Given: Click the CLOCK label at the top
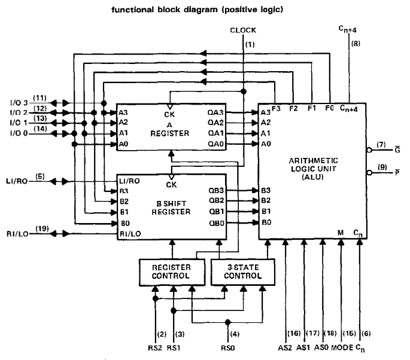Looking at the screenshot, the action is tap(243, 30).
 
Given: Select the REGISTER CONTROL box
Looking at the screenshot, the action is tap(172, 272).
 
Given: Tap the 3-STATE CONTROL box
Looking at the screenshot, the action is tap(242, 272).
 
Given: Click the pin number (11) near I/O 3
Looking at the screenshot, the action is tap(40, 98).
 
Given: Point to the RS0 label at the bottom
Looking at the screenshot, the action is tap(228, 348).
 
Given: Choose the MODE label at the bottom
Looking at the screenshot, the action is tap(342, 347).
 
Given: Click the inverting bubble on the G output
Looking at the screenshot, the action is tap(369, 150).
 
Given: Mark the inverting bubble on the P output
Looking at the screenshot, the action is tap(369, 173).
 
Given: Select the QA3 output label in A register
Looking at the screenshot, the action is tap(215, 112).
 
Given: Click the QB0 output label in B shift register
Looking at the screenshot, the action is tap(217, 224).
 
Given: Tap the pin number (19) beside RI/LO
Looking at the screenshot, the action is tap(42, 228).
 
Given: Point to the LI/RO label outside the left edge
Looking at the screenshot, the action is tap(17, 181).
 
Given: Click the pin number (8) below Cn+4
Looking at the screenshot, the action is tap(356, 44).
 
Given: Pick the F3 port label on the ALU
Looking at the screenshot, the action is tap(276, 108).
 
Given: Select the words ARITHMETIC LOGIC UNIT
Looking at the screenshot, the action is tap(313, 164).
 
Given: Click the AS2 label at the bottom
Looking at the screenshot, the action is tap(285, 347).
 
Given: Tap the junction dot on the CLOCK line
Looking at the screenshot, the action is tap(244, 91).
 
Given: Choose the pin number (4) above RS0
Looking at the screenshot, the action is tap(235, 334).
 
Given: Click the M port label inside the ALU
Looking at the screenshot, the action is tap(341, 233).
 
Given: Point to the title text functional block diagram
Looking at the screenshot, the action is tap(165, 10).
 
